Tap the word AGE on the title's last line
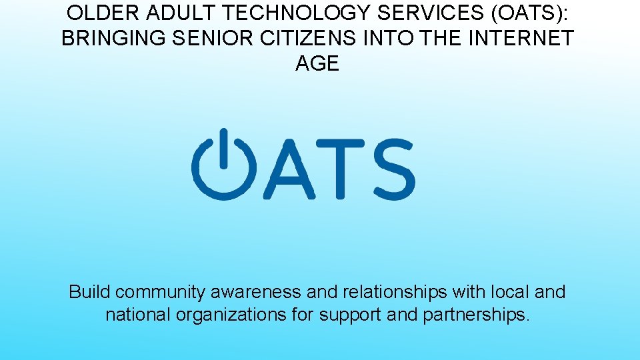317,63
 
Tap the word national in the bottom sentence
138,314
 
